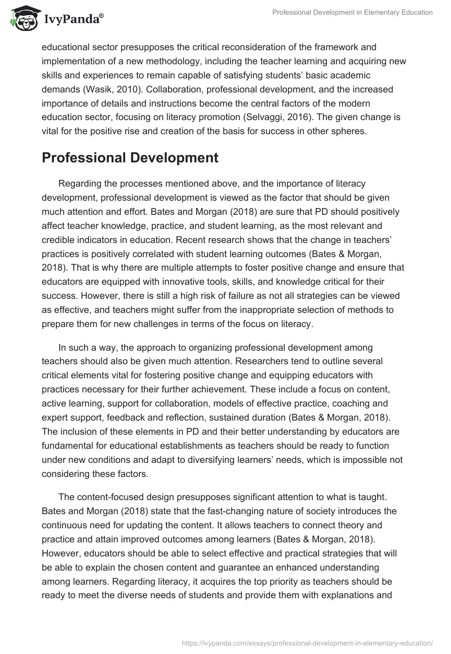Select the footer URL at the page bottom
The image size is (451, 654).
click(307, 642)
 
